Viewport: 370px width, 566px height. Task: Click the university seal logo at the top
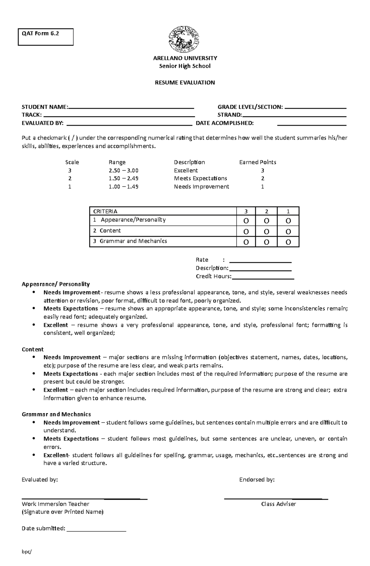click(184, 39)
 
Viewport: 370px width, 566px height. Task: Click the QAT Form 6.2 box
click(46, 37)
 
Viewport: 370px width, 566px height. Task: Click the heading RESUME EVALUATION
click(185, 83)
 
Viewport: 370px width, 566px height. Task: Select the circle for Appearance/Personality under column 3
click(246, 221)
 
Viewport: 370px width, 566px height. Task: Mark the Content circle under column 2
click(266, 232)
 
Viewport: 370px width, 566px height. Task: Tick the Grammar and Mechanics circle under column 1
click(288, 242)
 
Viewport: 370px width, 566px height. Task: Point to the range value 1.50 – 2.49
click(123, 179)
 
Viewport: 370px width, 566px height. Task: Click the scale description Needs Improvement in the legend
click(201, 187)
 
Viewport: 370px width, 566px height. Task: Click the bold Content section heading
click(33, 349)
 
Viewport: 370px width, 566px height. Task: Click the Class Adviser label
click(278, 504)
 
